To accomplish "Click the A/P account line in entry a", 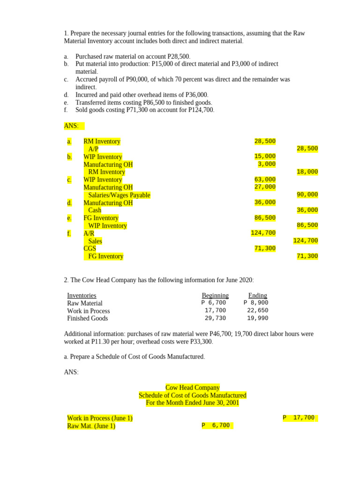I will [93, 149].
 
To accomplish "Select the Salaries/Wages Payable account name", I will [119, 195].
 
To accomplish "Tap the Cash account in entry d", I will [95, 210].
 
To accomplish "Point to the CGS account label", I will [90, 248].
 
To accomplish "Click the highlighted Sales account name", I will [95, 241].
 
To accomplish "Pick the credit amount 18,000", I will [307, 172].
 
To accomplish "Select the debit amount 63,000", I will [265, 180].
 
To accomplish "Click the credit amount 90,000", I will [307, 195].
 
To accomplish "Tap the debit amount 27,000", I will [265, 187].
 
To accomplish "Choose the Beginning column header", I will [215, 295].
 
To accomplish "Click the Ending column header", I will [257, 295].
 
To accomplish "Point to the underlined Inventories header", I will [82, 295].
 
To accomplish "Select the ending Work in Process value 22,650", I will [257, 310].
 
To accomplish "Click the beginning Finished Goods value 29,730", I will [215, 318].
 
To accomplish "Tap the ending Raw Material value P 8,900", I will [256, 303].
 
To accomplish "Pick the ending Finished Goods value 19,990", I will [257, 318].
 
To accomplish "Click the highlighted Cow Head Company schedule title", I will [192, 388].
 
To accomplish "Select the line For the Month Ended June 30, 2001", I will [192, 403].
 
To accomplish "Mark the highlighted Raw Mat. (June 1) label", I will [91, 426].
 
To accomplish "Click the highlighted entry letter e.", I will [69, 218].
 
